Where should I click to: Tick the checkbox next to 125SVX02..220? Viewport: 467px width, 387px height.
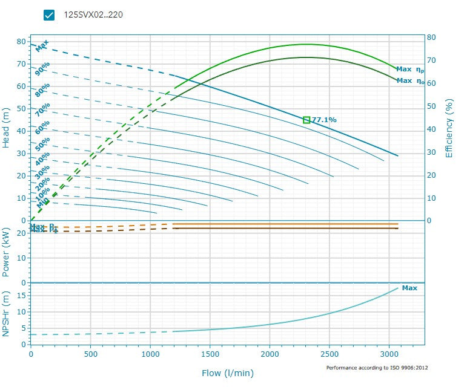pos(50,15)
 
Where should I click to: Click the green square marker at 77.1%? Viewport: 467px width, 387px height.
pos(306,120)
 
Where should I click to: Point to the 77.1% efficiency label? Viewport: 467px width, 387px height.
pos(324,120)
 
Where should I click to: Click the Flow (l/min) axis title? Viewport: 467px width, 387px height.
pos(227,373)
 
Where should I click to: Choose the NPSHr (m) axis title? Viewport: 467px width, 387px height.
pos(6,314)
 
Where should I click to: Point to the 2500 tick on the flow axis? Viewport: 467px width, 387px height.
pos(330,354)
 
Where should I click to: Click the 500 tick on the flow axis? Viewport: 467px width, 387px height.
pos(91,354)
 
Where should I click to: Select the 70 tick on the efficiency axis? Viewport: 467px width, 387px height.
pos(431,60)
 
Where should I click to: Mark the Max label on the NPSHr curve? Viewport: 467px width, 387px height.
pos(409,288)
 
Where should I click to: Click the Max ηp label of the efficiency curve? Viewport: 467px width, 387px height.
pos(410,70)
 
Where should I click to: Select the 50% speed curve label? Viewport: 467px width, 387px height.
pos(42,143)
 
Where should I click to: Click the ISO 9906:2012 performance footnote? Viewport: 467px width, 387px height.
pos(377,368)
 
